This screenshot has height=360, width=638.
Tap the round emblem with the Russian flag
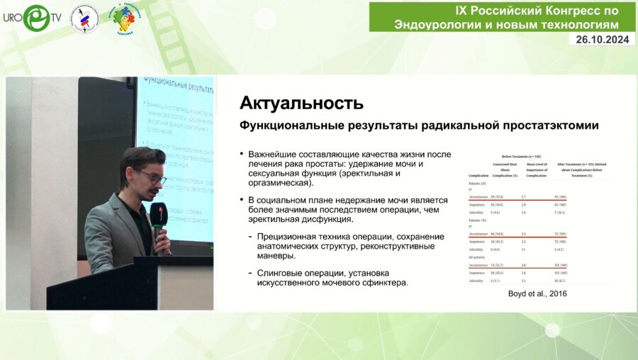pyautogui.click(x=84, y=18)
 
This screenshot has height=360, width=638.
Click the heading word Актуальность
pyautogui.click(x=301, y=103)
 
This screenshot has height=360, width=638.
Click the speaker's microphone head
pyautogui.click(x=158, y=211)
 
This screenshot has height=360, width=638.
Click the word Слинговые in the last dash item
pyautogui.click(x=283, y=273)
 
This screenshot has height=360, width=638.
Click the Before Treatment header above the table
pyautogui.click(x=521, y=155)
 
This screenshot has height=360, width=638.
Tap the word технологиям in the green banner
pyautogui.click(x=579, y=24)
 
